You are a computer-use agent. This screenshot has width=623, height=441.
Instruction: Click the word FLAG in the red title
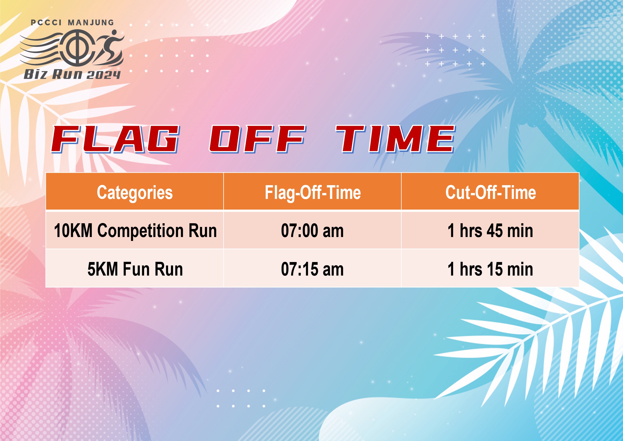point(115,139)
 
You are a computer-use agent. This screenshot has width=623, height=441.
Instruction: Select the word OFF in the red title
point(257,139)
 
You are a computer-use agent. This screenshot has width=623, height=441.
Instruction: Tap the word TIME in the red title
point(396,139)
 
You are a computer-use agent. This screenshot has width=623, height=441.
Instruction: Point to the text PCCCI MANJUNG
point(72,22)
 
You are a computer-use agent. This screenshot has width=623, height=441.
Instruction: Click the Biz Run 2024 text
point(72,74)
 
